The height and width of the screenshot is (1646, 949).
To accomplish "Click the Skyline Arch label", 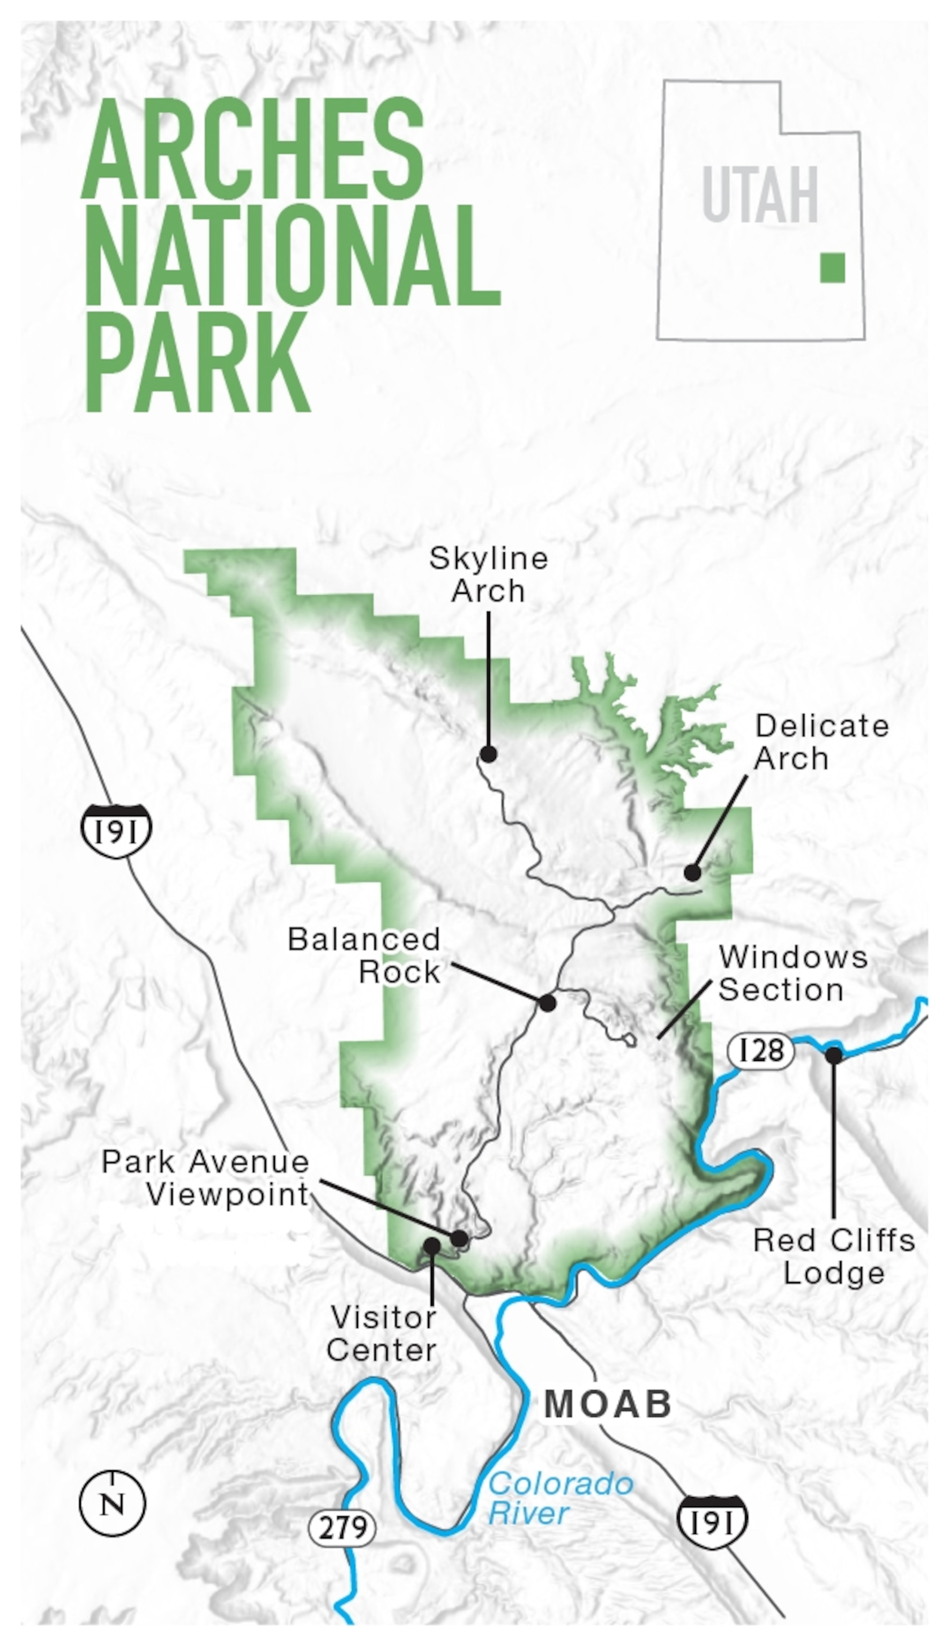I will pos(488,575).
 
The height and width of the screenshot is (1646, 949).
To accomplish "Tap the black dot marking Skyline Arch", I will pos(488,754).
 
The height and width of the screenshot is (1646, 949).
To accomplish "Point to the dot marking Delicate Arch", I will pos(692,872).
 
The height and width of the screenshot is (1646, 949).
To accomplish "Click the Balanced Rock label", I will pos(365,956).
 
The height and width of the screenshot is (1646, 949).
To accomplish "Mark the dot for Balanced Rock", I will pos(548,1003).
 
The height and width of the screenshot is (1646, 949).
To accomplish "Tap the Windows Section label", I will pos(793,974).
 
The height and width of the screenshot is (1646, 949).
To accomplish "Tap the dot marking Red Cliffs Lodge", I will pos(834,1055).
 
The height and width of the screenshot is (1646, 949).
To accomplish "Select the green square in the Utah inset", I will pos(832,267).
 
